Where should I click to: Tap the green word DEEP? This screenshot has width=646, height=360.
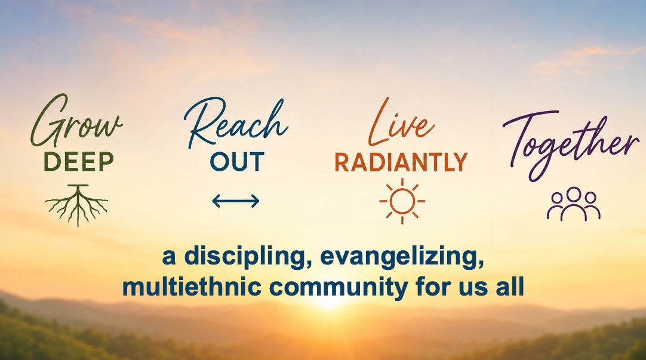click(79, 162)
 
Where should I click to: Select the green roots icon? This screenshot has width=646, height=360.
click(77, 205)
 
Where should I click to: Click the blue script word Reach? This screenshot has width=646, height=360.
click(236, 123)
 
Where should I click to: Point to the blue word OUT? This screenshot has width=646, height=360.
click(237, 162)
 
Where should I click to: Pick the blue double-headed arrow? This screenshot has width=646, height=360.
click(236, 201)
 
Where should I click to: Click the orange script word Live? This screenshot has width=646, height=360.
click(401, 122)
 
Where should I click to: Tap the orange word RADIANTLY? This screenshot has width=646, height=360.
click(401, 162)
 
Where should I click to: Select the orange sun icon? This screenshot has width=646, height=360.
click(402, 201)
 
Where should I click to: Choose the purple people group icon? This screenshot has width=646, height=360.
click(574, 204)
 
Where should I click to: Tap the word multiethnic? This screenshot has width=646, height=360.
click(192, 287)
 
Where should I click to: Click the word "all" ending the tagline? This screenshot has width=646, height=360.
click(509, 286)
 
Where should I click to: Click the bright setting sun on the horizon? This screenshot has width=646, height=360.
click(330, 303)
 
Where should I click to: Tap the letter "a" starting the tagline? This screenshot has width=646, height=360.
click(169, 257)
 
